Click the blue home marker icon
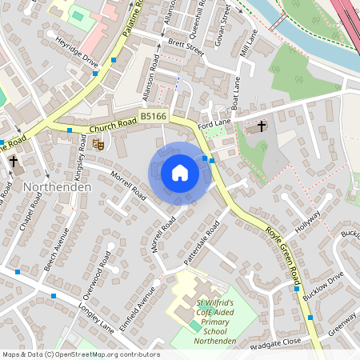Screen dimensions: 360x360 coord(180,173)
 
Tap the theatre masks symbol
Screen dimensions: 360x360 coord(98,145)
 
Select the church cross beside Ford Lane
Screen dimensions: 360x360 coord(262,126)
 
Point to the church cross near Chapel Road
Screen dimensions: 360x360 coord(13,161)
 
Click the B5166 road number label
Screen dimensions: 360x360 coord(154,117)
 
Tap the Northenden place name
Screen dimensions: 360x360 coord(58,186)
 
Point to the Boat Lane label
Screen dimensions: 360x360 coord(236,93)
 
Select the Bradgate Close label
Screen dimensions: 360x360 coord(276,341)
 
